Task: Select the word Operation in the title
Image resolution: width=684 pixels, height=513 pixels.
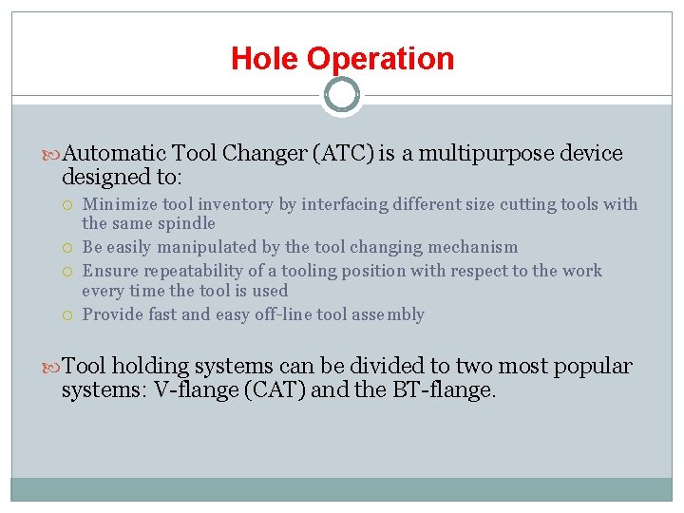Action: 381,59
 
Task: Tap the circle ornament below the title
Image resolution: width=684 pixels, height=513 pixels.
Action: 341,95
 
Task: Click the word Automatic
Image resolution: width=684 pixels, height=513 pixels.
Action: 115,153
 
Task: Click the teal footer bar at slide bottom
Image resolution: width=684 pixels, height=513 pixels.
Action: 341,488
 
